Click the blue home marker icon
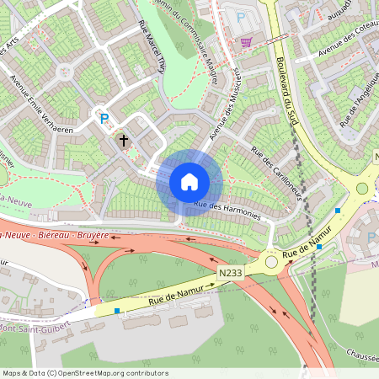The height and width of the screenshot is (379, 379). coord(189,181)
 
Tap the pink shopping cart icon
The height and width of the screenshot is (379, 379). coord(246,41)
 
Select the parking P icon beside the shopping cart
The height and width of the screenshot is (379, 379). coord(242,19)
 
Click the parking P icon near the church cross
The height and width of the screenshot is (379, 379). coord(104,120)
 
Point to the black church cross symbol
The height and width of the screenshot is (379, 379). coord(123,140)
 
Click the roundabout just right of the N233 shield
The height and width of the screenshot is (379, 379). coord(271,262)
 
